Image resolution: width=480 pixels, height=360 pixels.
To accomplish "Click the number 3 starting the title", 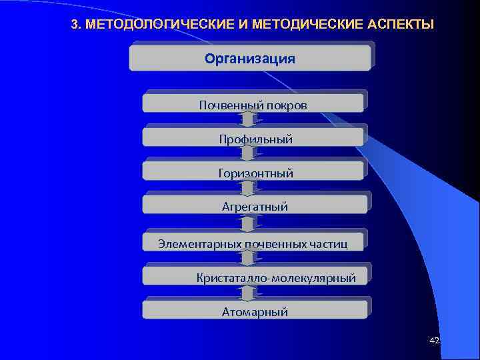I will point(74,25).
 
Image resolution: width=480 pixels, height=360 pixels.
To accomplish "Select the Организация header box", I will point(250,58).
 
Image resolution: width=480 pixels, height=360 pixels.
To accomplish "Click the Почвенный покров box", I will point(253,103).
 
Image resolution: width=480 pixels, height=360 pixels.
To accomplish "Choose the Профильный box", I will point(253,138).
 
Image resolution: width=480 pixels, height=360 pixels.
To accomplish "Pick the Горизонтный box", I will point(253,172).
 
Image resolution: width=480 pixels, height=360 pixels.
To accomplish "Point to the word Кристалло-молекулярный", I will point(275,277).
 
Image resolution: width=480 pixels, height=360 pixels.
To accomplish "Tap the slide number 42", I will point(435,341).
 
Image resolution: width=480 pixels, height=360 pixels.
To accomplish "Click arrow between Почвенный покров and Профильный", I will point(248,119).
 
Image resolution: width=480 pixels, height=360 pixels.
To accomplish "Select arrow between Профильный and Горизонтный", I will point(248,153).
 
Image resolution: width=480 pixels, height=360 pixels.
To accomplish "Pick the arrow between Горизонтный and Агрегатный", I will point(248,187).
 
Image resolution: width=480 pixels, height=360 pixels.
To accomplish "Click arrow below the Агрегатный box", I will point(248,223).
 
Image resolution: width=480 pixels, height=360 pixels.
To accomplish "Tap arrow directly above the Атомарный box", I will point(248,293).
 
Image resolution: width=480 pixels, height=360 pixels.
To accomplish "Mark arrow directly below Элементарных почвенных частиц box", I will point(248,258).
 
